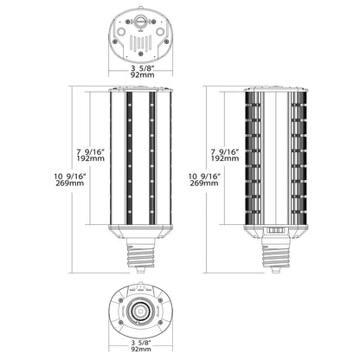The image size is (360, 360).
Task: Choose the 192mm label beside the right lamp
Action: coord(224,159)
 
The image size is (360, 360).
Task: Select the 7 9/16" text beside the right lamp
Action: coord(224,151)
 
